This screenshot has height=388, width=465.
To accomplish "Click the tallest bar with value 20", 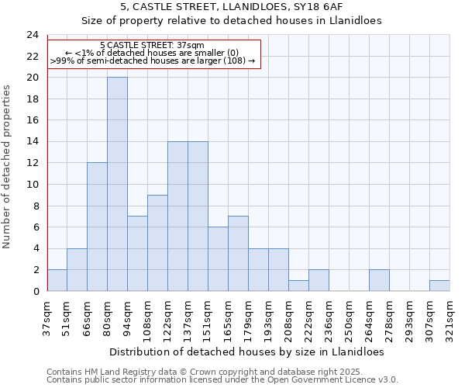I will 117,184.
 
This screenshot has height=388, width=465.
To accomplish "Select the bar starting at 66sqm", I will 97,227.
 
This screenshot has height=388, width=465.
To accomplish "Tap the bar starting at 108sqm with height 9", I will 157,243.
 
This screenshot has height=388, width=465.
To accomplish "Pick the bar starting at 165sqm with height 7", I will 238,254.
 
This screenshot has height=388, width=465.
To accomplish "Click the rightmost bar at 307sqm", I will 439,286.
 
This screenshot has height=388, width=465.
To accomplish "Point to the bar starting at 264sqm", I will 379,280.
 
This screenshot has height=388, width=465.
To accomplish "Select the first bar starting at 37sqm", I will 57,280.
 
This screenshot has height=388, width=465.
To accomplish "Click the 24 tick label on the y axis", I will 32,35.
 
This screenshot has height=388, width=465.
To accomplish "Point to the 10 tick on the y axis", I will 32,185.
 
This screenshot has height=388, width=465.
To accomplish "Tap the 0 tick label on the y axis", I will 35,292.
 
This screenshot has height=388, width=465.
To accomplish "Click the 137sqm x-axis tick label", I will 188,317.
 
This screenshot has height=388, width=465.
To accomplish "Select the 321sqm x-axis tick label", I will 449,317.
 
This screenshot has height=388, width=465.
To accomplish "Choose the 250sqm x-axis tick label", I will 349,317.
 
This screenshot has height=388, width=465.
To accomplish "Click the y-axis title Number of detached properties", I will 9,167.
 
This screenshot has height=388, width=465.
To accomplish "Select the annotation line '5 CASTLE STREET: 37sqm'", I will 152,46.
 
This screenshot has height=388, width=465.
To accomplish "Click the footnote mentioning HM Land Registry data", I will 222,372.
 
